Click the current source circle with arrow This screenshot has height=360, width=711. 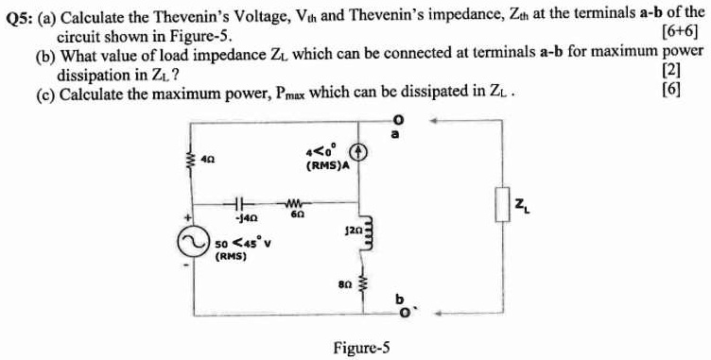tap(358, 151)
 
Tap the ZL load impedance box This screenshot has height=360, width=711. tap(502, 203)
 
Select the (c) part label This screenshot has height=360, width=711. tap(43, 92)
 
